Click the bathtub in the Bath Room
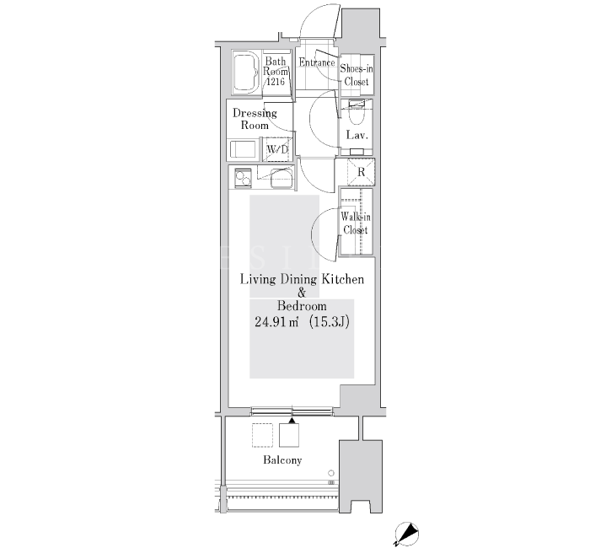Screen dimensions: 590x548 [x=246, y=72]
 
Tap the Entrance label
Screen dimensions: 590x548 [x=317, y=62]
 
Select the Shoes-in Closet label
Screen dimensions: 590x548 [x=357, y=75]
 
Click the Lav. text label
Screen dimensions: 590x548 [x=357, y=135]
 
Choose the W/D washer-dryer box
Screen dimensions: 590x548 [x=277, y=149]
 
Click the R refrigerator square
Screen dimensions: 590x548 [x=361, y=172]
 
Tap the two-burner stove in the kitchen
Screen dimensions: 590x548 [x=243, y=178]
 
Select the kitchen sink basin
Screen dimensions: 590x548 [x=282, y=179]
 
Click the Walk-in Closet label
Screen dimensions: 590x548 [x=356, y=223]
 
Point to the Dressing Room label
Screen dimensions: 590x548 [x=255, y=119]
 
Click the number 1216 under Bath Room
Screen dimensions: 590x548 [x=276, y=81]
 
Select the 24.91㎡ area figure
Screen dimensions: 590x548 [x=277, y=322]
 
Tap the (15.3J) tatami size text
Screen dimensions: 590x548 [x=330, y=322]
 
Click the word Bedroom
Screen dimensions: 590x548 [x=302, y=305]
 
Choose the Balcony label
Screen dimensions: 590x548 [x=282, y=460]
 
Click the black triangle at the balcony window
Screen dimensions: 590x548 [x=292, y=421]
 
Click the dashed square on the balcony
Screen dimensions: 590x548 [x=262, y=435]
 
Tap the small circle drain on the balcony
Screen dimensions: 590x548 [x=331, y=473]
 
